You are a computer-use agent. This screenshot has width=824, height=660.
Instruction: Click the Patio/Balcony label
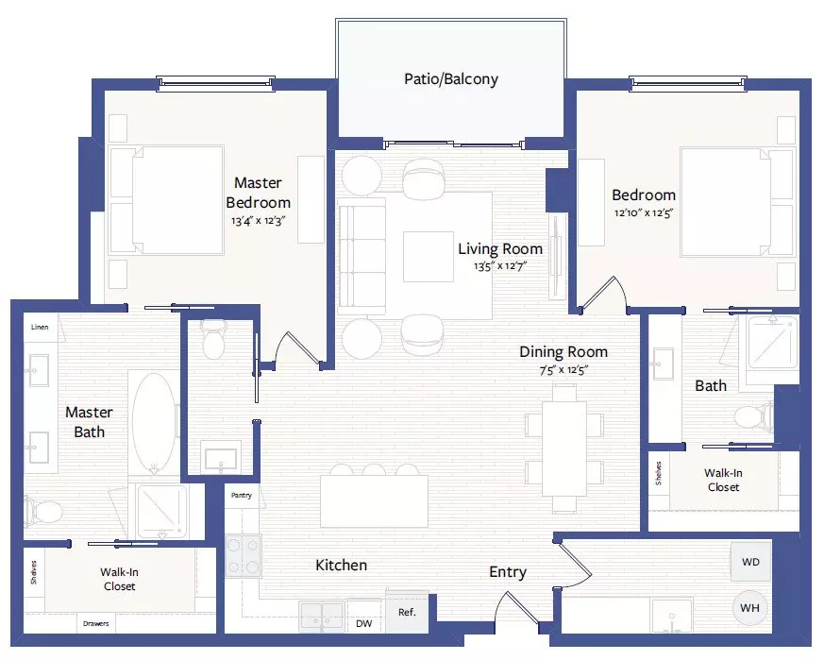451,79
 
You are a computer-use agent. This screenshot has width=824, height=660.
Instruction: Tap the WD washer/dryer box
751,562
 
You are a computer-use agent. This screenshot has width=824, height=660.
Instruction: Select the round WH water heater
749,608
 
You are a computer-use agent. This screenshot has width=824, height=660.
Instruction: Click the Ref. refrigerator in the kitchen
407,612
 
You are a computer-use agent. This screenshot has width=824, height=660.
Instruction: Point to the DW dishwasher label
363,624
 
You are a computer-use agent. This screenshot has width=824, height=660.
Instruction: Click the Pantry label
242,496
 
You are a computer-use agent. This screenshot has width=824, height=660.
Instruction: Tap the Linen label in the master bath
40,327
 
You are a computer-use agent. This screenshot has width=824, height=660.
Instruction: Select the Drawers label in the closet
95,624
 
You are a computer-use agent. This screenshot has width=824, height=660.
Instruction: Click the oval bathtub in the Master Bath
154,422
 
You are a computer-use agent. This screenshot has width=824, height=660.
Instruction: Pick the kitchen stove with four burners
244,555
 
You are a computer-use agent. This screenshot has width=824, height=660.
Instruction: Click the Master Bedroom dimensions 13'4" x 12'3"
258,221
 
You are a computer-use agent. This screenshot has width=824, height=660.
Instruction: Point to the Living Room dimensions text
499,266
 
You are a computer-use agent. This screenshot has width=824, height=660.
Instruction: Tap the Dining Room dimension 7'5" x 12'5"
563,370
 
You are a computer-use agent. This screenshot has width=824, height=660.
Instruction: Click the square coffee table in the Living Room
429,257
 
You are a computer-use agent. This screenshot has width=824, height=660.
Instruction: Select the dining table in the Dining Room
564,448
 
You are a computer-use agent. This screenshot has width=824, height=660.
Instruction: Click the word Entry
508,572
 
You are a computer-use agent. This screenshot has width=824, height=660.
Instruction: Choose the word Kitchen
341,566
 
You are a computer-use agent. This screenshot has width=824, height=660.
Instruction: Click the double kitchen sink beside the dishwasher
322,617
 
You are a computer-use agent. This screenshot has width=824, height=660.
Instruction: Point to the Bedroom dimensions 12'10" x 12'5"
644,213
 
